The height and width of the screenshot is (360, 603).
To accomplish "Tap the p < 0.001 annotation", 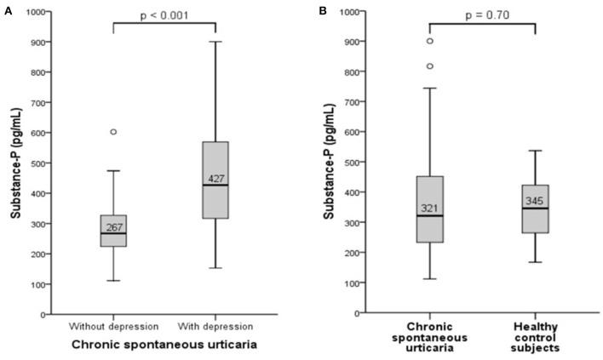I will point(165,14).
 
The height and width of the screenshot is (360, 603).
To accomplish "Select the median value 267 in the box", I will point(115,227).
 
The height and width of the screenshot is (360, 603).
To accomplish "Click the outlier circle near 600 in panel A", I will point(113,132).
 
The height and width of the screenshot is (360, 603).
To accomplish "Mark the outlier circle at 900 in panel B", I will point(429,41).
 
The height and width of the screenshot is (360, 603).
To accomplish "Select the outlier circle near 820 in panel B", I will point(429,66).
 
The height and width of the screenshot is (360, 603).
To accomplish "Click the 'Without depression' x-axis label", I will point(113,327).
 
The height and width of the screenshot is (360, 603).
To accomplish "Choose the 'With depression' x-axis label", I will point(217,327).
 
